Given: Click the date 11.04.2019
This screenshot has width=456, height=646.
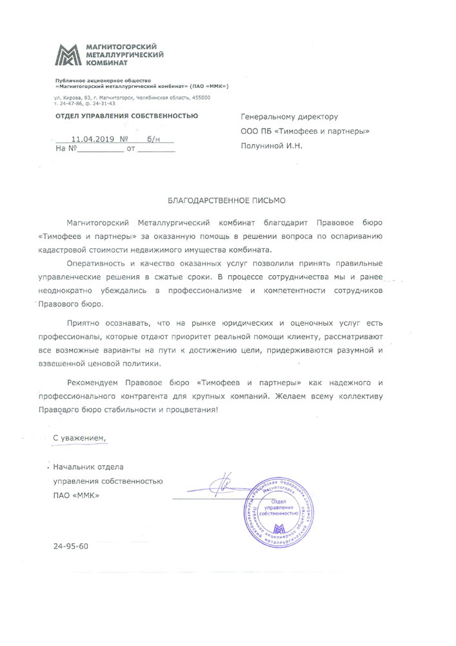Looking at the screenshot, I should point(93,138).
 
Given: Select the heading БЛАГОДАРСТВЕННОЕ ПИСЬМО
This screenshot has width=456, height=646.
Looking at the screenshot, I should point(226,201).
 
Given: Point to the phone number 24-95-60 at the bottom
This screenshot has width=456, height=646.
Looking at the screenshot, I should point(71,546).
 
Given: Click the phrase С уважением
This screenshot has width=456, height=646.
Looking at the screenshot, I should point(78,438).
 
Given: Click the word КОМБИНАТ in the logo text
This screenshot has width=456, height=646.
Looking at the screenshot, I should point(97,63).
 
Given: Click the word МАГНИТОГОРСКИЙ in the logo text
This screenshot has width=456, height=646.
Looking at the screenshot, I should point(117,47).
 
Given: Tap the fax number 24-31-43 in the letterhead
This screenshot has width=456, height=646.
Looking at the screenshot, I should point(105,103).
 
